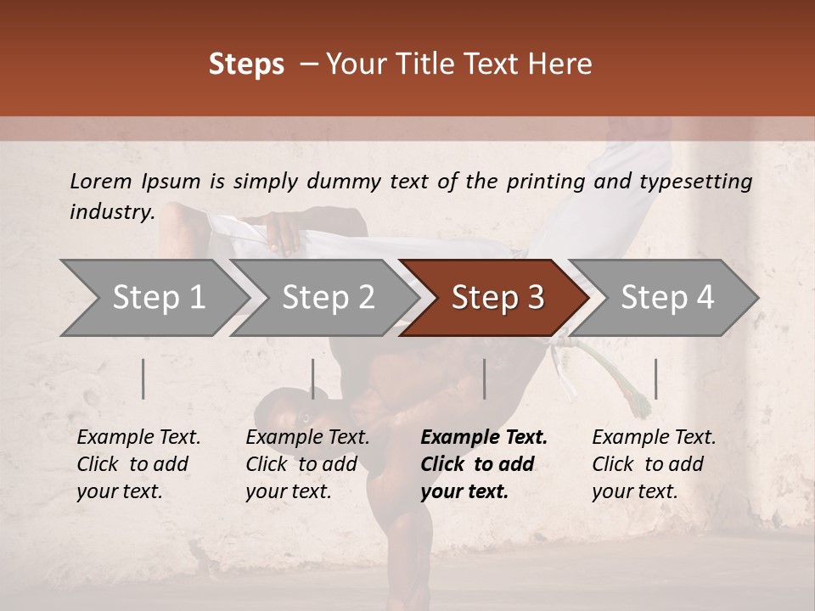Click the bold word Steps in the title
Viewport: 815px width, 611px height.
pyautogui.click(x=246, y=64)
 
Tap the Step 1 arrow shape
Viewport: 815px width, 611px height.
pyautogui.click(x=158, y=298)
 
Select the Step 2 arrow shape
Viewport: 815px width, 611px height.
pyautogui.click(x=328, y=298)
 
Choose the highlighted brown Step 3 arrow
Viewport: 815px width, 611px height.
pyautogui.click(x=497, y=298)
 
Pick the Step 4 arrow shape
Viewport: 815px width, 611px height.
pyautogui.click(x=666, y=298)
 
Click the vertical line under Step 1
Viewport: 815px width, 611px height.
pyautogui.click(x=143, y=378)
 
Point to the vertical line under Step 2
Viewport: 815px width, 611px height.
pyautogui.click(x=313, y=378)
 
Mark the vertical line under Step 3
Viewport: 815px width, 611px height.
pyautogui.click(x=485, y=378)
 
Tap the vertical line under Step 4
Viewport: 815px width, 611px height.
pyautogui.click(x=655, y=378)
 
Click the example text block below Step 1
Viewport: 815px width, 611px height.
pyautogui.click(x=138, y=464)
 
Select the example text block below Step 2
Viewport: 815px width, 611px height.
pyautogui.click(x=307, y=464)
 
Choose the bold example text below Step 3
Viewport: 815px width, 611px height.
pyautogui.click(x=484, y=464)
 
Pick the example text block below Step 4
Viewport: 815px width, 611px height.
pyautogui.click(x=654, y=464)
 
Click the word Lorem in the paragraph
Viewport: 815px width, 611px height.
pyautogui.click(x=101, y=181)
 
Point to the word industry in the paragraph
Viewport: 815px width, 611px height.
pyautogui.click(x=112, y=212)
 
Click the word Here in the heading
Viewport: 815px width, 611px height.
pyautogui.click(x=562, y=64)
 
